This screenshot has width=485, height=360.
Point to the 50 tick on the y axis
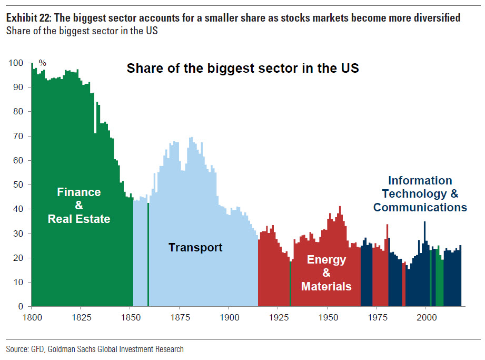[x=18, y=185]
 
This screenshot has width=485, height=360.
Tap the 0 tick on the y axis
[x=21, y=306]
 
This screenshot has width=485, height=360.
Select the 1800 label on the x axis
[x=32, y=317]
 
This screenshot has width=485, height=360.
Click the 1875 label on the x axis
[x=180, y=317]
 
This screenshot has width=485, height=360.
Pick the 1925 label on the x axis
[x=278, y=317]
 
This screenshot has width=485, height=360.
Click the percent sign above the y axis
[x=43, y=63]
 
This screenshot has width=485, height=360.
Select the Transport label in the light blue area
[x=195, y=247]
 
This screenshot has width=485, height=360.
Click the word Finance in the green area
[x=78, y=192]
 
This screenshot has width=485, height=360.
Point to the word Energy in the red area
[x=326, y=259]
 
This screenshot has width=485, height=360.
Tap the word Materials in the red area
[x=326, y=287]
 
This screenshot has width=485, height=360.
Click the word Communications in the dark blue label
[x=420, y=207]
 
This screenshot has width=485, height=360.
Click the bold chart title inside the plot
[x=243, y=69]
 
